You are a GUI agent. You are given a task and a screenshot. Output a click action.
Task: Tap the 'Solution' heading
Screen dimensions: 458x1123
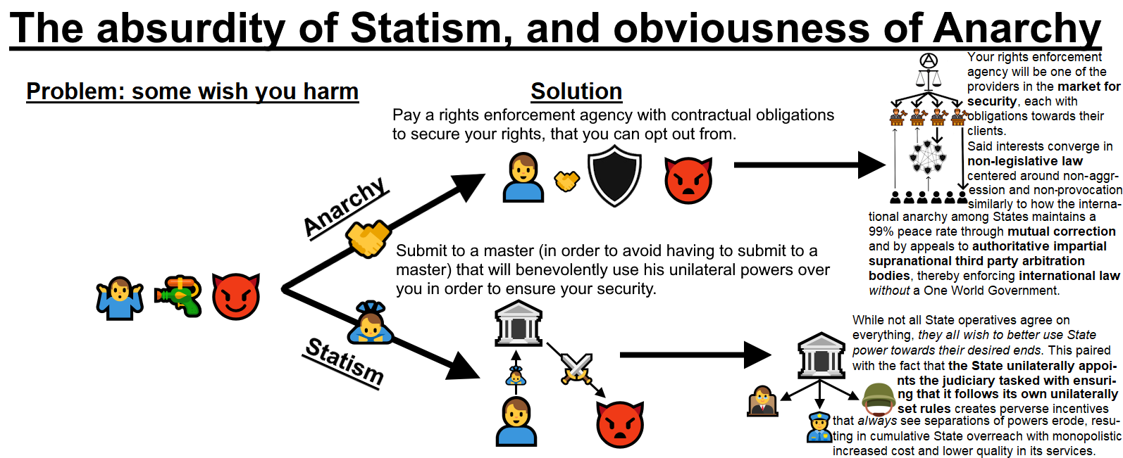click(576, 91)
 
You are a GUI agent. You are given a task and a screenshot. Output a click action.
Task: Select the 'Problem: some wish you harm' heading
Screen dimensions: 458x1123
click(192, 91)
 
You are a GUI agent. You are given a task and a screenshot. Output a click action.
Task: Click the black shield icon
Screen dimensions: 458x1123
click(614, 176)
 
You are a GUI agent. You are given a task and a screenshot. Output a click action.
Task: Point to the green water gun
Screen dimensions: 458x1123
click(178, 295)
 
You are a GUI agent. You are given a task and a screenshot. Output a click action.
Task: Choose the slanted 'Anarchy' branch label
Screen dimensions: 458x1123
click(345, 207)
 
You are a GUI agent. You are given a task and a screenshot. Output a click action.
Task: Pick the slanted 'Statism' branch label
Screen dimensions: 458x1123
click(345, 361)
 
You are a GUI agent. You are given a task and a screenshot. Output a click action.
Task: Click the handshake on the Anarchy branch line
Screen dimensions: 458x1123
click(368, 238)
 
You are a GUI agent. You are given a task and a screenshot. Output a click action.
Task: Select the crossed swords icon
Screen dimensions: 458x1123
click(576, 369)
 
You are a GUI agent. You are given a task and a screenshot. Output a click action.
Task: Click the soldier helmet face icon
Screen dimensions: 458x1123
click(879, 398)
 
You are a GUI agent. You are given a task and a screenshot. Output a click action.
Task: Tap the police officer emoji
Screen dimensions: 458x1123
click(819, 428)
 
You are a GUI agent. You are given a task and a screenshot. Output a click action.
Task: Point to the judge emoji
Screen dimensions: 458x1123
click(762, 401)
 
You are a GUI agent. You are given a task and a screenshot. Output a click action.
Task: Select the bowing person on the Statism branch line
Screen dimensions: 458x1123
click(370, 323)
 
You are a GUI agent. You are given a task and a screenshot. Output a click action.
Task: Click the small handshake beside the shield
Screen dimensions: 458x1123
click(566, 181)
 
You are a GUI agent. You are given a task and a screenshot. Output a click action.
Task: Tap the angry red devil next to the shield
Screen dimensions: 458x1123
click(688, 181)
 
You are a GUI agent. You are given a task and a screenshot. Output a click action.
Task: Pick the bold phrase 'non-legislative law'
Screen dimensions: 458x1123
click(1024, 161)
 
